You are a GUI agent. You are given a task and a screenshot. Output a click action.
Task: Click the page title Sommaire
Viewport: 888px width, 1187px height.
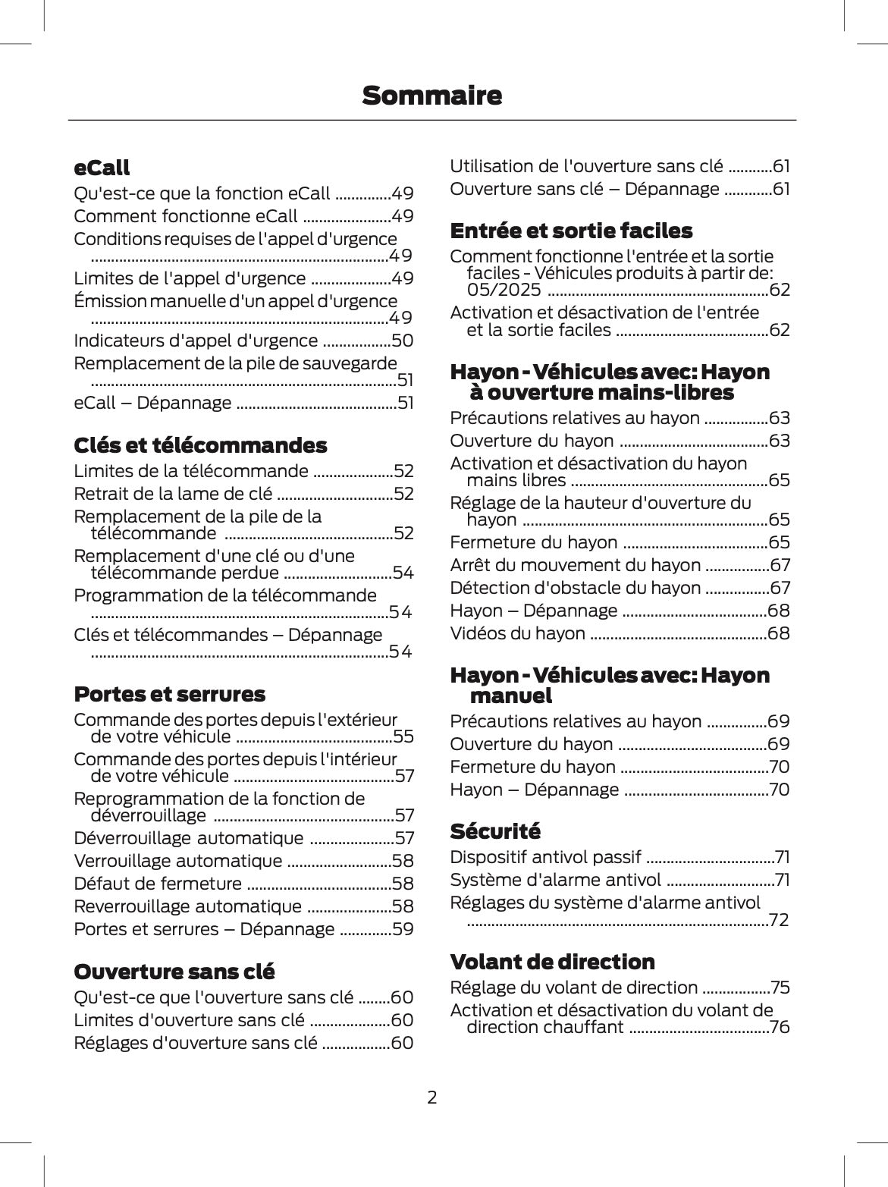[431, 96]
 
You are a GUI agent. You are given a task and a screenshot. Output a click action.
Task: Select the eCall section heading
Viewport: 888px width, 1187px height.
[102, 168]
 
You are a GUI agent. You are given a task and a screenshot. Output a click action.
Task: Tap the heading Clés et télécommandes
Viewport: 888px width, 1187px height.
[200, 445]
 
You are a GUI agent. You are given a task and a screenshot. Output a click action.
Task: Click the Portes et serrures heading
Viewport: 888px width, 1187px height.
[169, 694]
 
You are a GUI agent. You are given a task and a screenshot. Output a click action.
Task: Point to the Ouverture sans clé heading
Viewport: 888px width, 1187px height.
[174, 972]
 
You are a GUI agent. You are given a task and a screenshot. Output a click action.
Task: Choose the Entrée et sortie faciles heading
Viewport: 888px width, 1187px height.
[571, 231]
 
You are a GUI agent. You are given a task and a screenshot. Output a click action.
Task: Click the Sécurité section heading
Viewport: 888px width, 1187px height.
[495, 831]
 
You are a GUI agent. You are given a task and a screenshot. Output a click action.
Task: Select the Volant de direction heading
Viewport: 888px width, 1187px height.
[552, 962]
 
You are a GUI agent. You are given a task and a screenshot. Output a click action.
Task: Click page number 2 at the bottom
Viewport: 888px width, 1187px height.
[431, 1097]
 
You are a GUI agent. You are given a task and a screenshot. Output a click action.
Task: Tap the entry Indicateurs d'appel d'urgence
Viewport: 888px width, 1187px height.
[196, 341]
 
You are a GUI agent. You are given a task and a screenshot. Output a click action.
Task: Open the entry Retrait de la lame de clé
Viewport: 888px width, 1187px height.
[173, 494]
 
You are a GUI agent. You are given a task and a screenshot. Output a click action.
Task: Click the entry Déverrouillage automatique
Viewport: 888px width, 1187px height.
[188, 838]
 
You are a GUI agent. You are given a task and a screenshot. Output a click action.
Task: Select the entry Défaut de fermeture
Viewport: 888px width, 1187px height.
[158, 884]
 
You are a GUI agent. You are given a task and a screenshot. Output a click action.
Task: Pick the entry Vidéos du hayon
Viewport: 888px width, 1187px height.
[517, 633]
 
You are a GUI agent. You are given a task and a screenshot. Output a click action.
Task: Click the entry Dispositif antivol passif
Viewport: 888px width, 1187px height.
[545, 857]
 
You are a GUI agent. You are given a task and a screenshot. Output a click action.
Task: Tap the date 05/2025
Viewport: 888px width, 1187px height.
[504, 290]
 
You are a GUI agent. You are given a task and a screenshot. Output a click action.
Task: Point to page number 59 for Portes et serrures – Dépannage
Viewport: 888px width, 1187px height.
[403, 929]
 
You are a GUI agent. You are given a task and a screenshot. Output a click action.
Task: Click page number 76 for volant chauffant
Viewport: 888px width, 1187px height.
[779, 1028]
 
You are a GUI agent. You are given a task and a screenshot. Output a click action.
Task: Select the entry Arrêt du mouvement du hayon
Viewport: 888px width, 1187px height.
[575, 565]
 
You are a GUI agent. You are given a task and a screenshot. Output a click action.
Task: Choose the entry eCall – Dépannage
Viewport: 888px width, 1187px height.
[152, 403]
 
